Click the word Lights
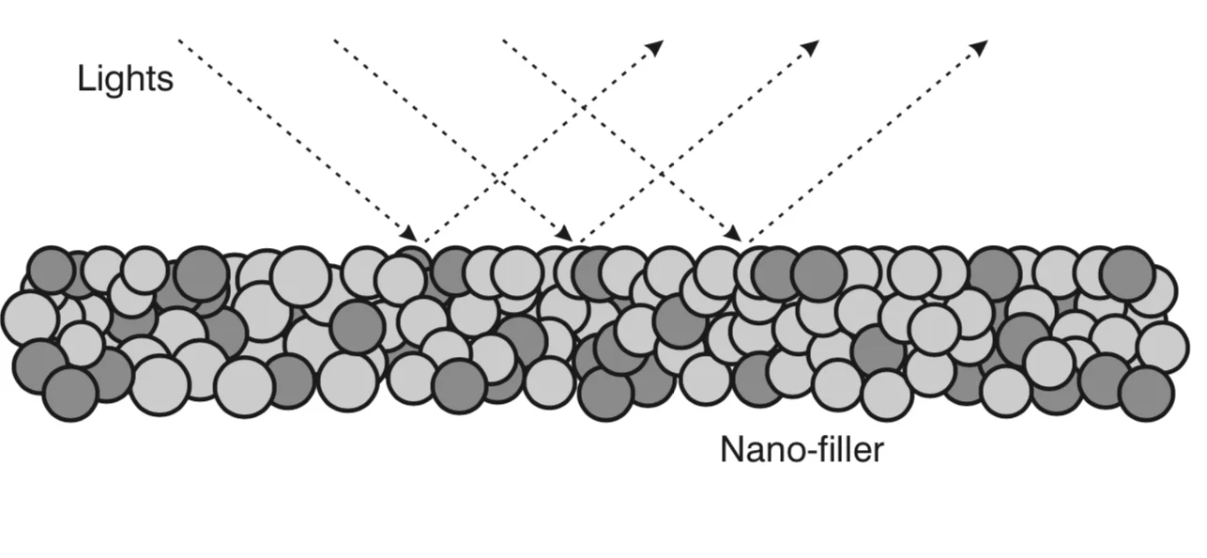[x=126, y=79]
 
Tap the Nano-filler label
[x=801, y=449]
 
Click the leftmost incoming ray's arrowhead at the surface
[x=409, y=234]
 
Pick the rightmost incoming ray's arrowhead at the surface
[x=734, y=234]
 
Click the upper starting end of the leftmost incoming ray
[x=179, y=40]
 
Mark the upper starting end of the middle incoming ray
[x=335, y=40]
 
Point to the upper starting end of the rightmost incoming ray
[x=503, y=40]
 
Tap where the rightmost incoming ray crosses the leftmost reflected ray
[x=583, y=108]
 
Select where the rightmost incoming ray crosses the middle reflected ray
[x=662, y=175]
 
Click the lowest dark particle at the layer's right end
[x=1146, y=394]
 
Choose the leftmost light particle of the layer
[x=30, y=318]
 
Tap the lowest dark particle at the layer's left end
[x=70, y=394]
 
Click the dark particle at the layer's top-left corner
[x=52, y=271]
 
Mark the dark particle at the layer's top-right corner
[x=1126, y=273]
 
